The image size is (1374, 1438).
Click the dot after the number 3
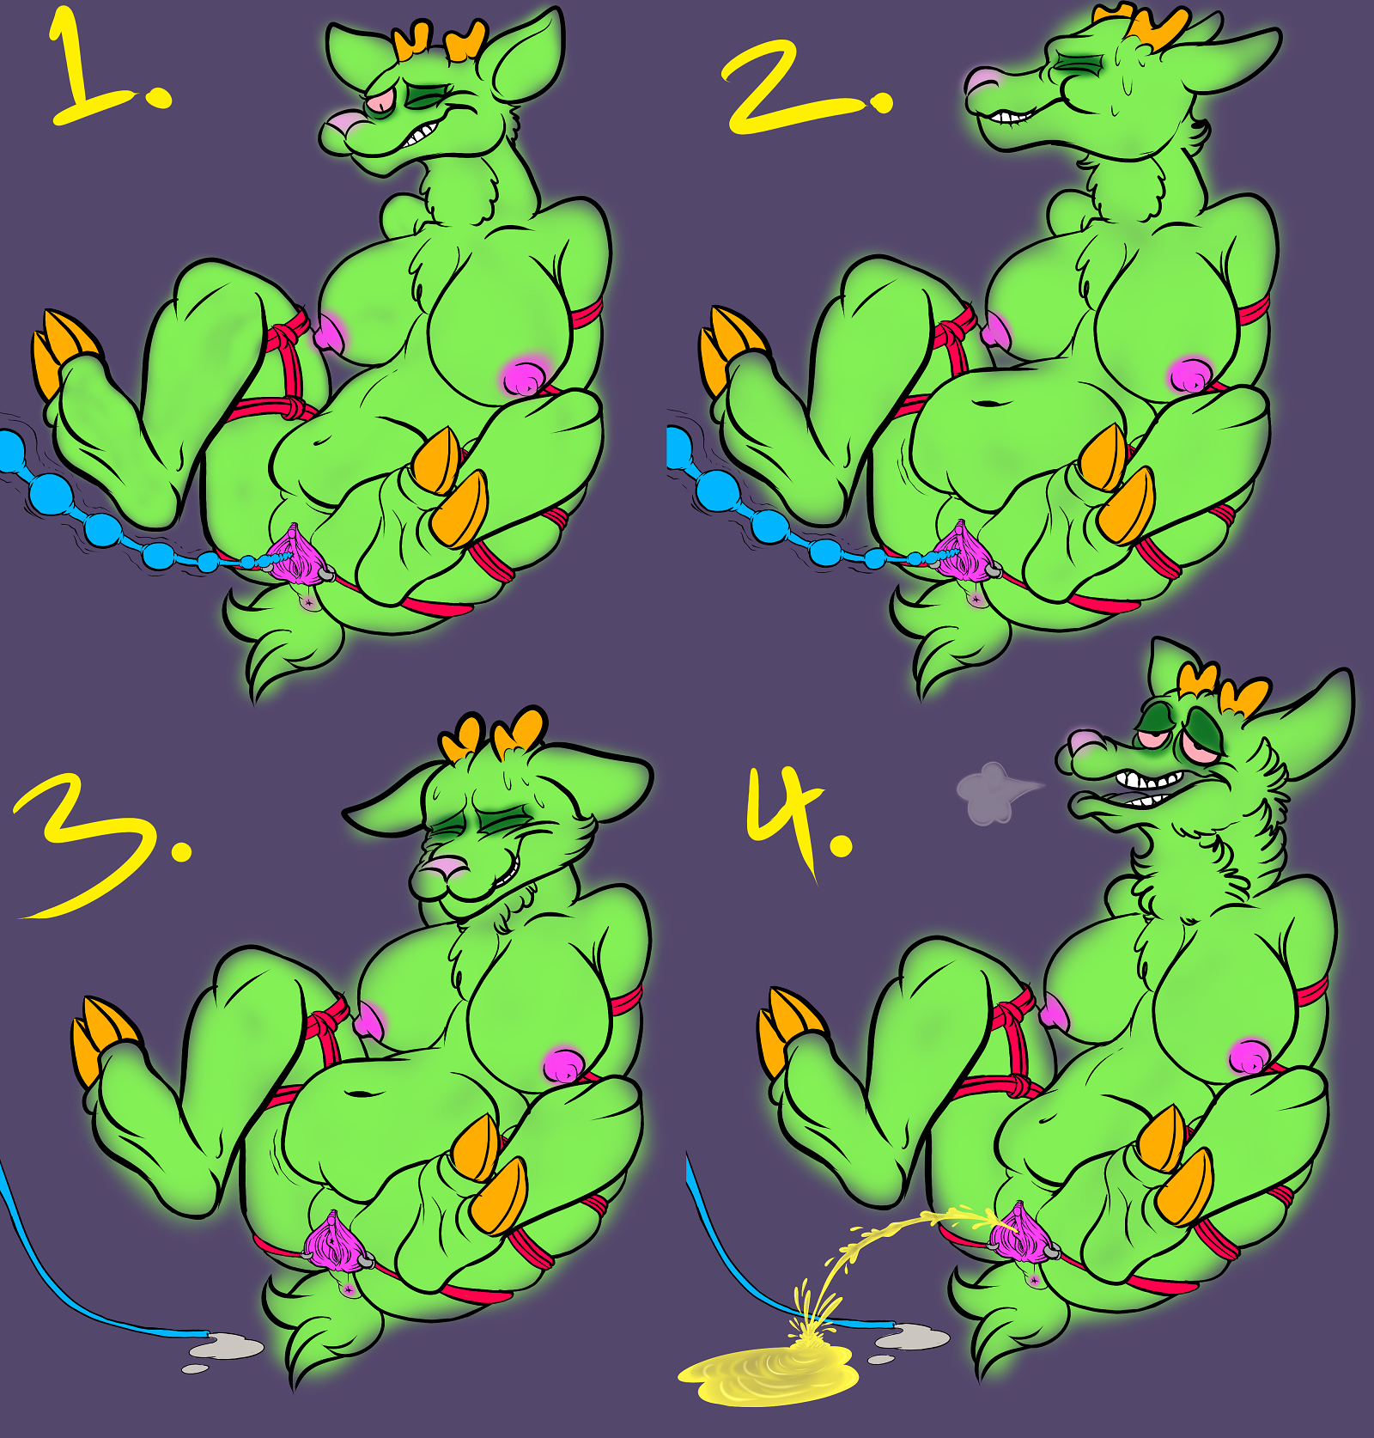(181, 850)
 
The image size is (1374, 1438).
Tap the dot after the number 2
(881, 104)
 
